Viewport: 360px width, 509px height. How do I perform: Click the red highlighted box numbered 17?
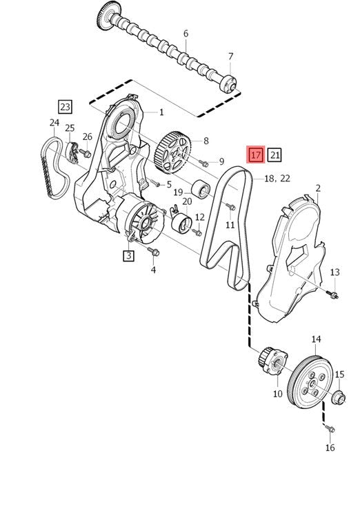coord(256,154)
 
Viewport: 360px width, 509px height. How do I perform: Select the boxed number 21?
coord(274,154)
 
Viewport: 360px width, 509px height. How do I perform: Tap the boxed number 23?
coord(65,106)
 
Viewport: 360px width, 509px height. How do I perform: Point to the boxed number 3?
coord(128,255)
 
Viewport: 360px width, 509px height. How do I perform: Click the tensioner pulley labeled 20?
coord(182,223)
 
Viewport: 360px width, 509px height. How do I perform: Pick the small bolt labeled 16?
coord(330,429)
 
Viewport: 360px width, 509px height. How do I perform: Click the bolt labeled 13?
coord(334,295)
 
